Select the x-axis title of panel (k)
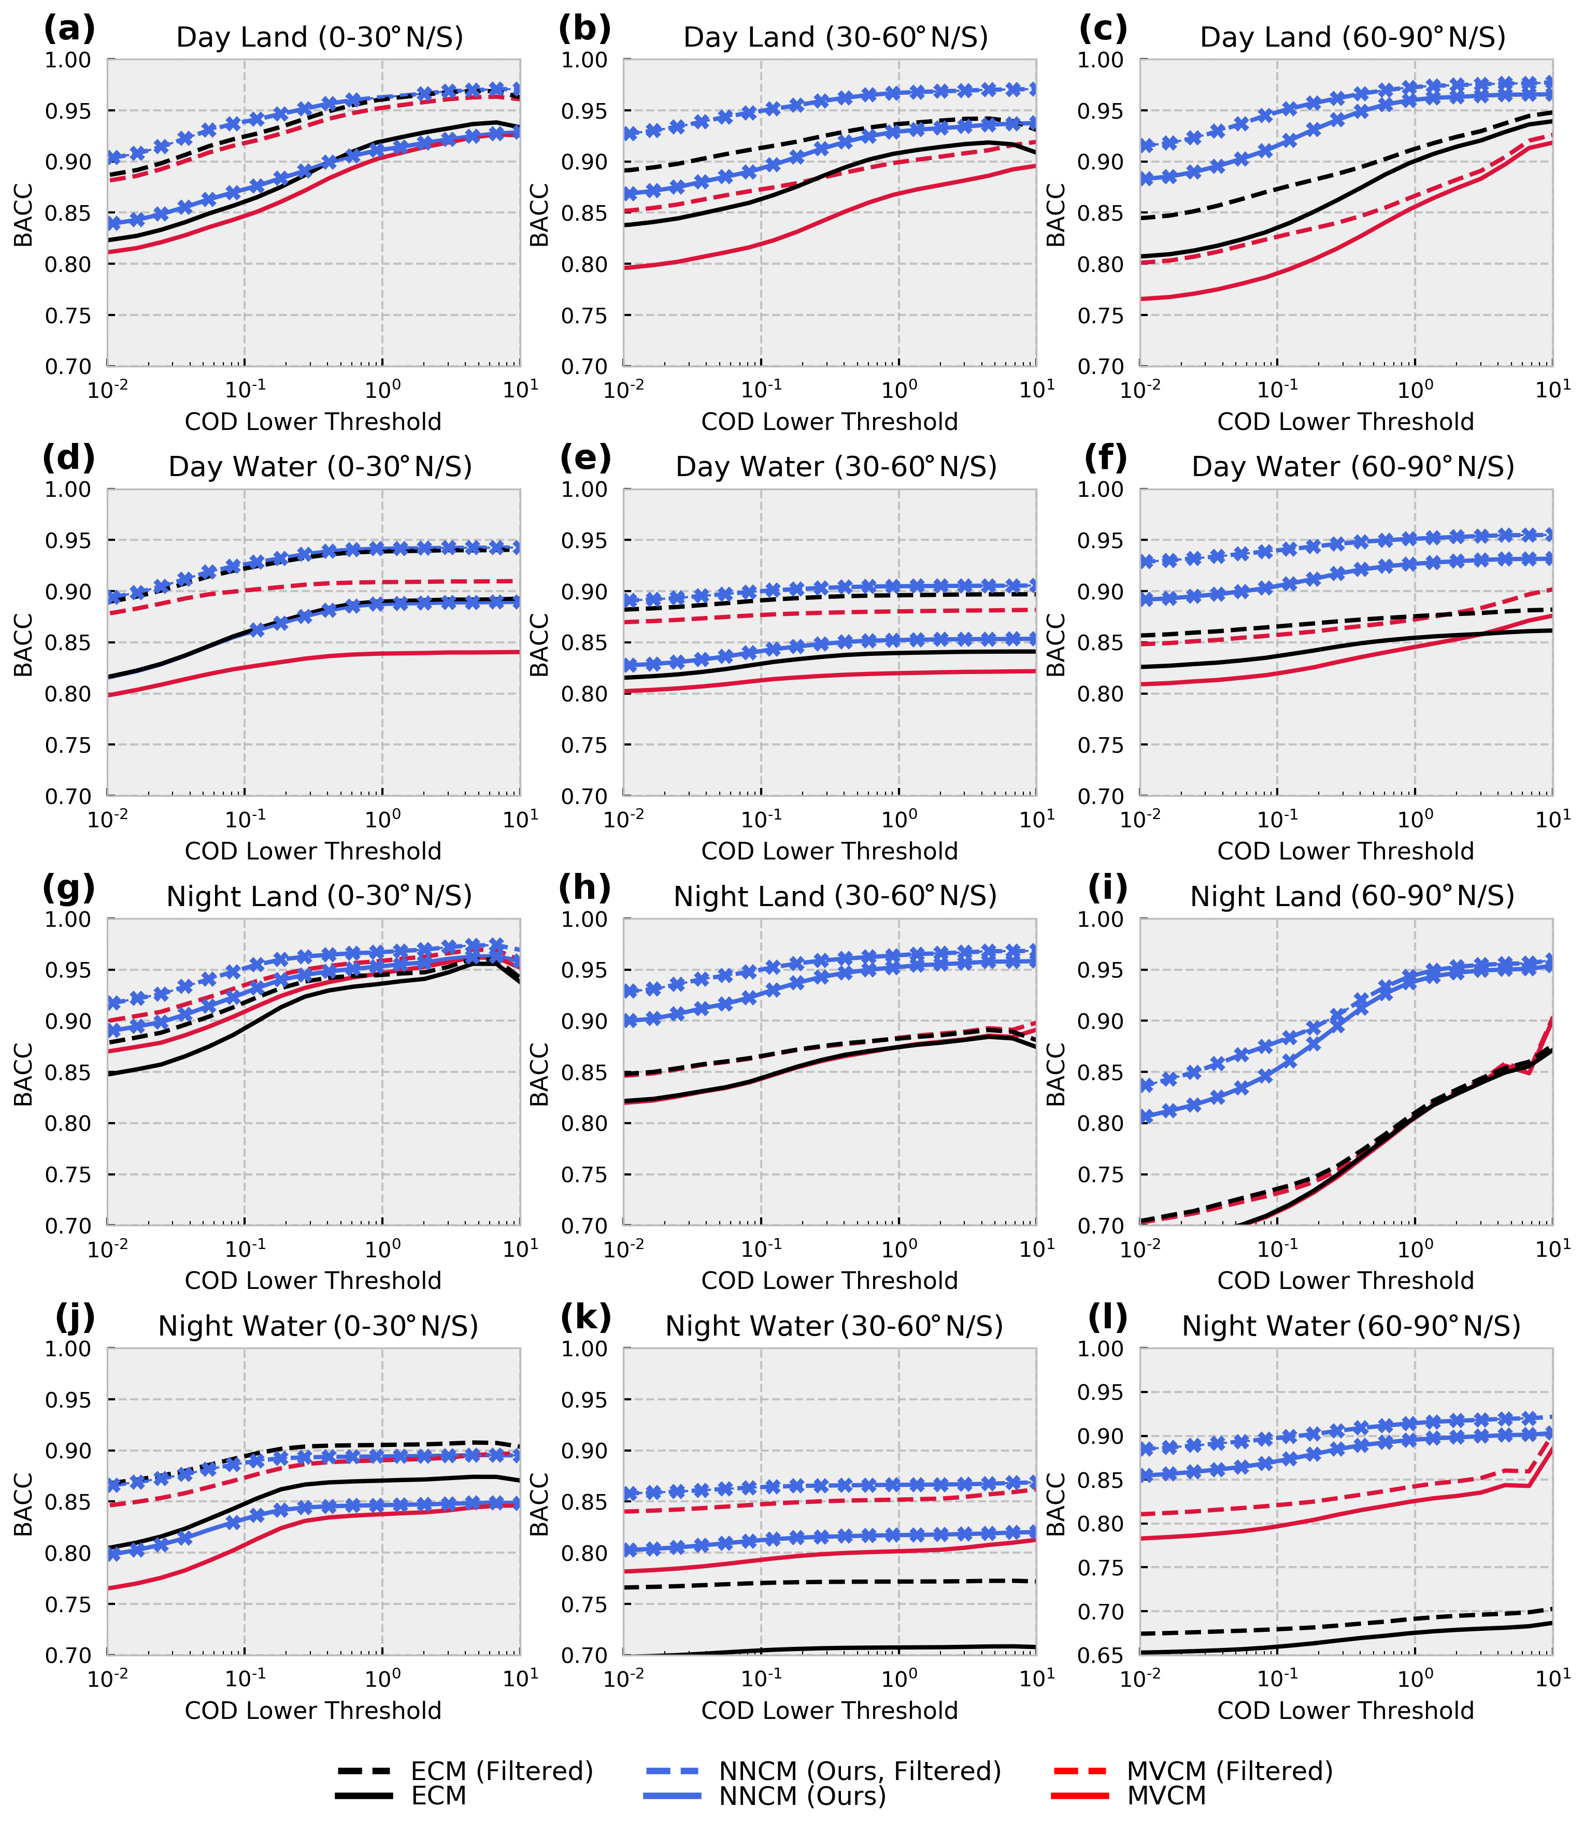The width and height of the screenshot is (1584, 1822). pos(829,1711)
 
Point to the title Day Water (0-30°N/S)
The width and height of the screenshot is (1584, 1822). pos(320,467)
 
